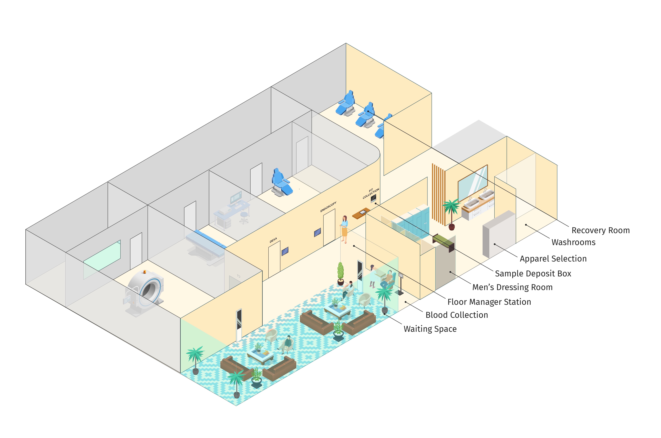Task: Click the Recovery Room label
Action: point(600,230)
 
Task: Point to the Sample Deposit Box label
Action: point(533,274)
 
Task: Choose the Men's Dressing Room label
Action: point(512,287)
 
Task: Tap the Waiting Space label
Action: point(430,329)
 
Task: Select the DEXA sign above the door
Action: point(273,240)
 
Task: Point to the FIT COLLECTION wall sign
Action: point(371,193)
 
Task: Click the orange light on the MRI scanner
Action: point(144,272)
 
